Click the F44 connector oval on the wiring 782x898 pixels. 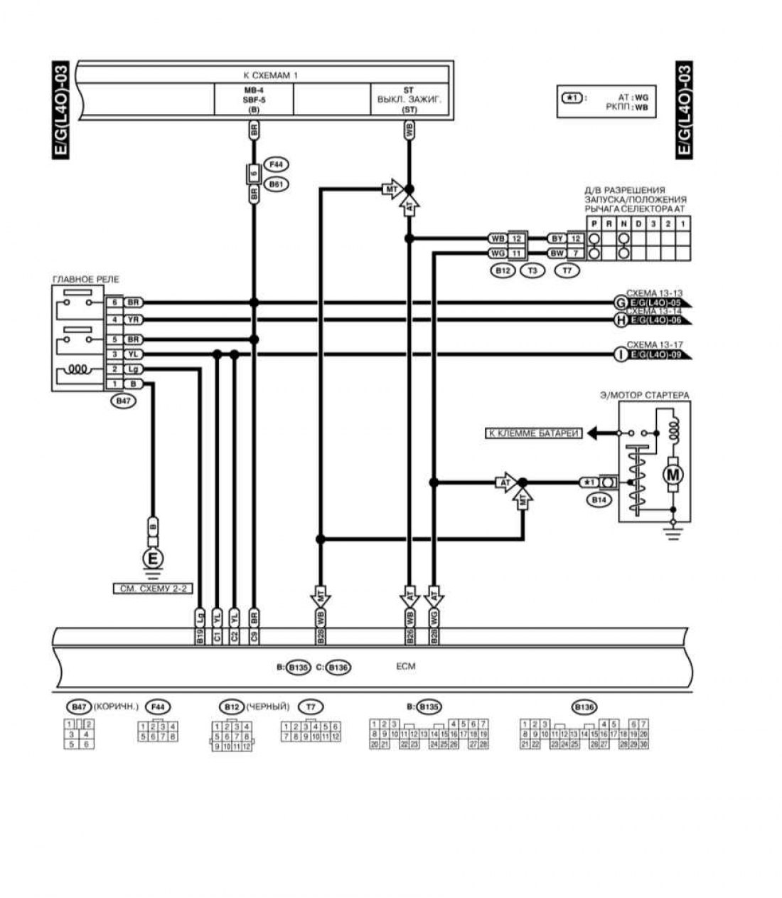click(276, 164)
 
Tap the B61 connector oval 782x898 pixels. click(276, 185)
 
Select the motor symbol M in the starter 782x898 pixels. click(672, 473)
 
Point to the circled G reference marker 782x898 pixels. click(619, 303)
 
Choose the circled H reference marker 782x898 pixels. click(619, 320)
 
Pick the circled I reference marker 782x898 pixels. click(619, 354)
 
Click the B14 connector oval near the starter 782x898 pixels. click(599, 500)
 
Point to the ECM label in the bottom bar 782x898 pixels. click(405, 667)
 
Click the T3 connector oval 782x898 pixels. click(531, 270)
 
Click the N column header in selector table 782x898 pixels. click(623, 223)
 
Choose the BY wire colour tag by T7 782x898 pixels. click(557, 239)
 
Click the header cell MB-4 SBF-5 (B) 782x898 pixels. click(253, 100)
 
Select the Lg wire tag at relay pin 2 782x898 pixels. click(133, 369)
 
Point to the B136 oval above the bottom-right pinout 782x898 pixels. click(584, 707)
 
